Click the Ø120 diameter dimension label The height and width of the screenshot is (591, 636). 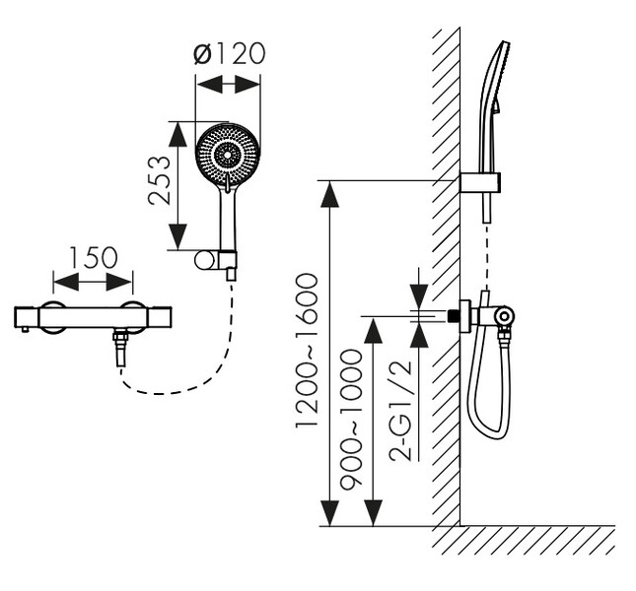point(229,53)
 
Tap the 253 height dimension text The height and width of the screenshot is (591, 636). point(160,180)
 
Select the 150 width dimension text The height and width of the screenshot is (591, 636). point(94,258)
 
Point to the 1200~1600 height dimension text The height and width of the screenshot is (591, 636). point(307,351)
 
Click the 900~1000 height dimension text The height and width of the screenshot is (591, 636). point(351,421)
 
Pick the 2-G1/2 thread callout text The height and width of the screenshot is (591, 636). point(400,411)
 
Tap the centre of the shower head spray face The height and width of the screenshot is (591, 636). point(228,156)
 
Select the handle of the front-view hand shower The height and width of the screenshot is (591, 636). point(228,221)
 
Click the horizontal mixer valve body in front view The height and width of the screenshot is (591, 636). point(93,317)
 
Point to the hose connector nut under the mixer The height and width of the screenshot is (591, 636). point(120,336)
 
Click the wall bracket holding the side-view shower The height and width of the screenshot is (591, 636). point(480,182)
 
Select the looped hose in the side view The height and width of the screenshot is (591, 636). point(488,389)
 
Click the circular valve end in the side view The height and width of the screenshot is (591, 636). point(504,315)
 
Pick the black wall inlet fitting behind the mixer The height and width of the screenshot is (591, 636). point(454,316)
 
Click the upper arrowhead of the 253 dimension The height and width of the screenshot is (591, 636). point(177,134)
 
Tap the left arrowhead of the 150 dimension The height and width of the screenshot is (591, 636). point(66,282)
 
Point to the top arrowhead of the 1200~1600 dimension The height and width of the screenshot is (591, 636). point(329,194)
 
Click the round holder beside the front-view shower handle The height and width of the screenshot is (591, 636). point(204,260)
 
